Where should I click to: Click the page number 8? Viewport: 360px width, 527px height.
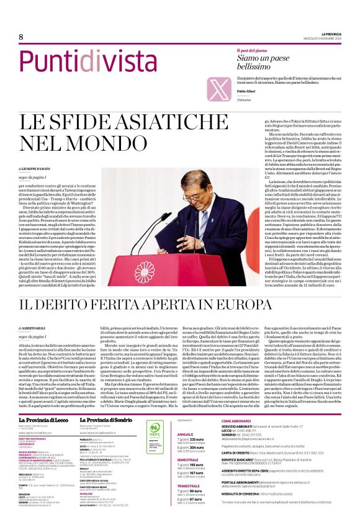(21, 37)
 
